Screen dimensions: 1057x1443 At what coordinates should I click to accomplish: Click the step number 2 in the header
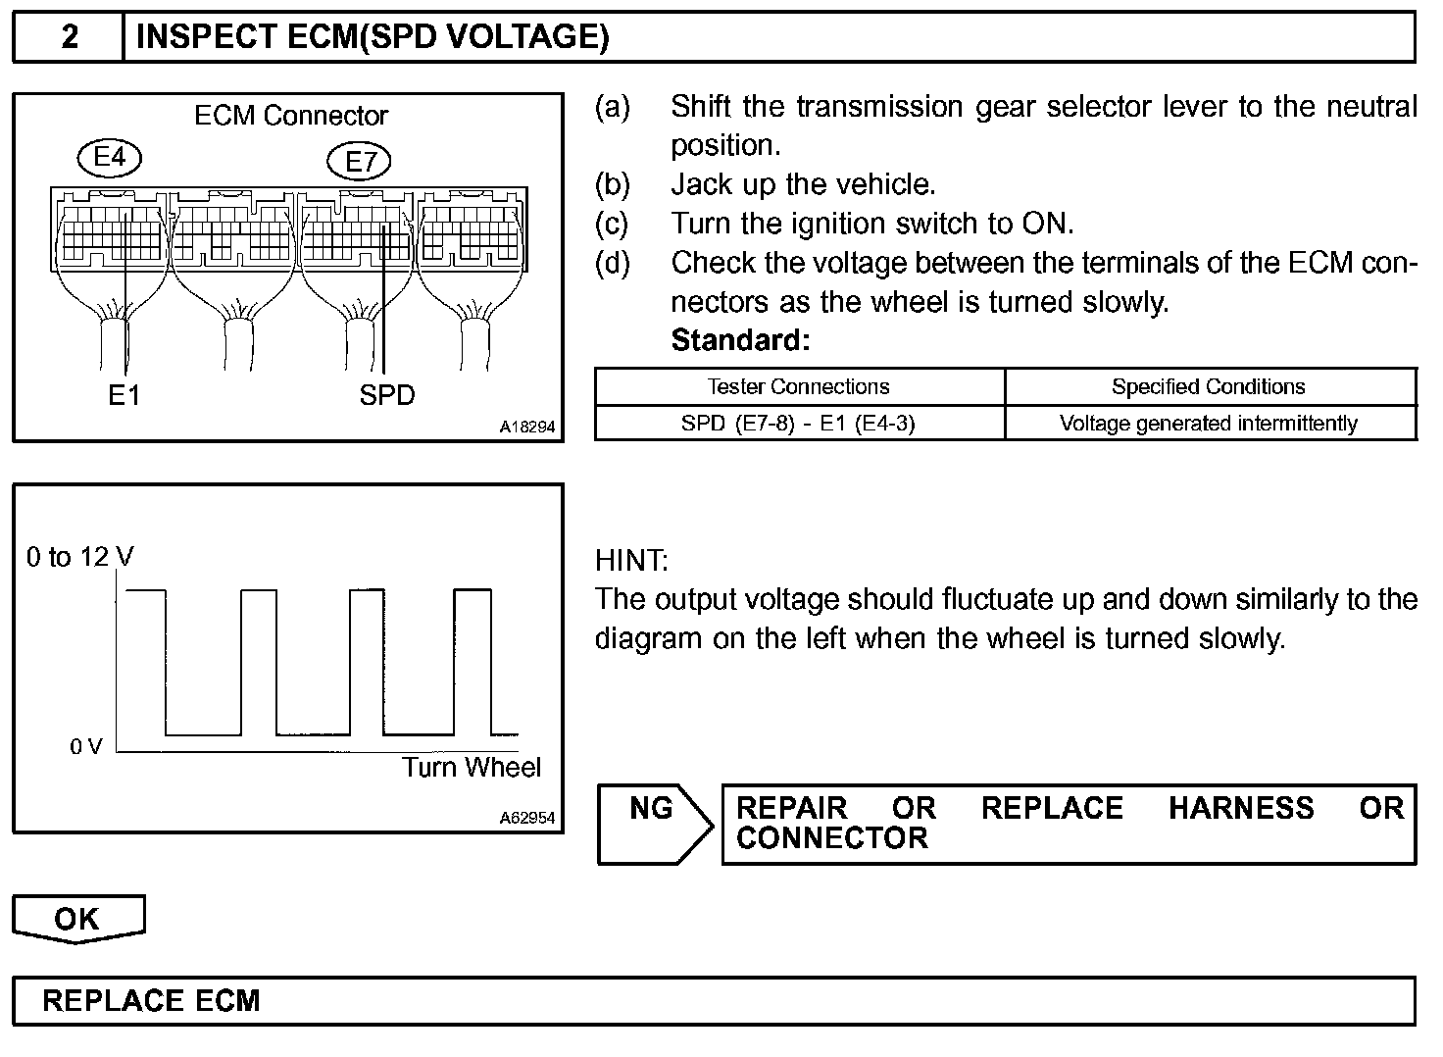70,37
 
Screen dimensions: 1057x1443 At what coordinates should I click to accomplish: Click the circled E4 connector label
110,158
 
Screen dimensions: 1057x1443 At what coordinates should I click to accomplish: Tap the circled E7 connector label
360,161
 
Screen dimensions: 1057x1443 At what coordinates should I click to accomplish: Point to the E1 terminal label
124,395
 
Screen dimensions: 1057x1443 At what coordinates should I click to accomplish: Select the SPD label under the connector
387,395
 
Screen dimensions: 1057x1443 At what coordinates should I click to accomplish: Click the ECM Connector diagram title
291,116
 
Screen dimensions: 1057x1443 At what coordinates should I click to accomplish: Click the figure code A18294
526,427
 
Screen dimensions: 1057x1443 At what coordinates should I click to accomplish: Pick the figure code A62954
526,818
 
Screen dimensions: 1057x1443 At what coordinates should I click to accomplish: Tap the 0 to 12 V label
80,557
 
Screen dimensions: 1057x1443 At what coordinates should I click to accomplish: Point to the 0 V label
86,746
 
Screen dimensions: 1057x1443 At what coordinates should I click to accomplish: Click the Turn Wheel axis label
472,767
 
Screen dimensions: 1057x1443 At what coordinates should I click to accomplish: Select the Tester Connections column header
799,386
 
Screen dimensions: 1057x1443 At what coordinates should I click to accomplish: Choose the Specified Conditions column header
1208,386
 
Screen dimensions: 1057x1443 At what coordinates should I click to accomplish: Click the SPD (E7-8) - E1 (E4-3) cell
799,424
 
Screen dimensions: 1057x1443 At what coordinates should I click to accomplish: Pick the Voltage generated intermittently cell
1208,424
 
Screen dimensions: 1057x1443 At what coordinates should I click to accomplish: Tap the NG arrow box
653,824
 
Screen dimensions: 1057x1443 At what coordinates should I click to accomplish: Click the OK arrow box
77,919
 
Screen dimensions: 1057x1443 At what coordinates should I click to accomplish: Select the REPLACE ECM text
152,1001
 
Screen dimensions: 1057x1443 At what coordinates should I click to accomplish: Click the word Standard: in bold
740,340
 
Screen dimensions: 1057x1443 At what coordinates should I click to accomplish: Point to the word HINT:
631,561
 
